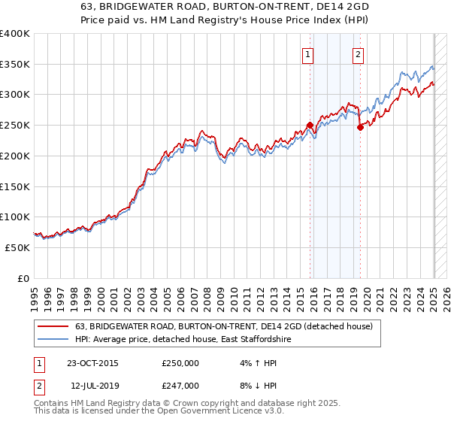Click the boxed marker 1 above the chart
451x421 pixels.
(x=309, y=53)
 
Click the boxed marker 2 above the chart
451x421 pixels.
(x=358, y=53)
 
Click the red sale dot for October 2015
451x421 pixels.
(x=310, y=126)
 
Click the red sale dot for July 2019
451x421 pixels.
(x=360, y=127)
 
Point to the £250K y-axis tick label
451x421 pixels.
(x=14, y=125)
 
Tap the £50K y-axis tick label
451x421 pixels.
(x=17, y=247)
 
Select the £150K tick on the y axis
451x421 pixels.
(x=14, y=186)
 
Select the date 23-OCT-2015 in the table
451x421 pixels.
(x=92, y=364)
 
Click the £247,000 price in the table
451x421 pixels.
(x=180, y=385)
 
